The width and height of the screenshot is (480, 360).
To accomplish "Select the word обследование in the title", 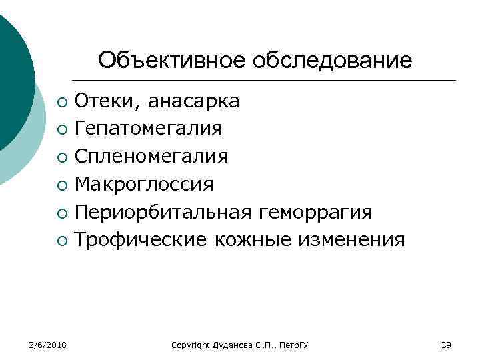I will pos(333,61).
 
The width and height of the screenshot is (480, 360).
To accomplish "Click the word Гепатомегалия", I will pos(149,128).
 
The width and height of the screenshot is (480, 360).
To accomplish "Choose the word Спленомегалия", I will pos(151,156).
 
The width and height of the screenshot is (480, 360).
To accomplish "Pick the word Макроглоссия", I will pos(144,183).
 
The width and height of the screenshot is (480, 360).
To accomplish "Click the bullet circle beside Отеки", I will pos(61,102).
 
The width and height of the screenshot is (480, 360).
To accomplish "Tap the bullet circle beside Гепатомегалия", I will pos(61,129).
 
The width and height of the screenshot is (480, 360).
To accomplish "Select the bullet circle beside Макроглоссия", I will pos(61,185).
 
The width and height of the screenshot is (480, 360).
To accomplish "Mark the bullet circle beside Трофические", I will pos(61,240).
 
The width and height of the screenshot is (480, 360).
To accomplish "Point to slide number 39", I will pos(446,345).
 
